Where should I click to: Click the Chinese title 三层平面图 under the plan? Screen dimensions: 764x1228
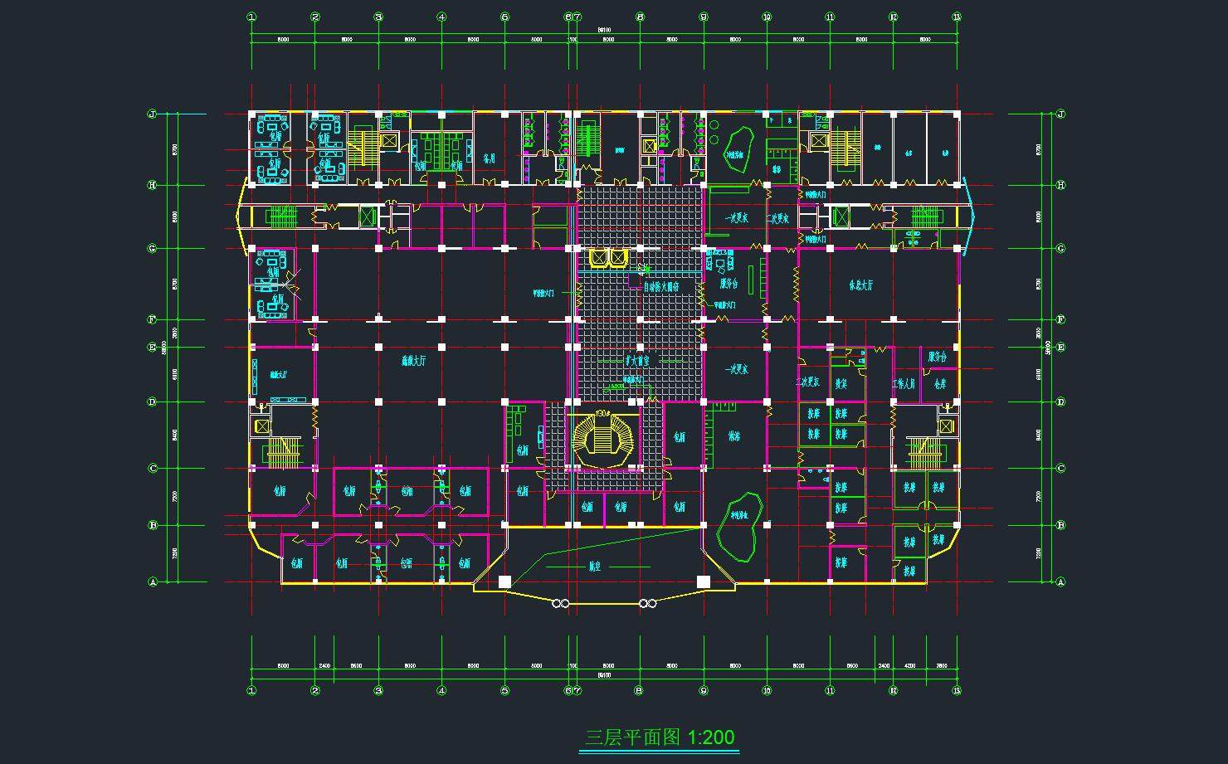click(x=632, y=737)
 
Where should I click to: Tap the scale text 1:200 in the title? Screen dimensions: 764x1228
click(x=711, y=737)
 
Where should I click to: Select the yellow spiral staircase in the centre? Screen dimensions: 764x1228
click(x=603, y=435)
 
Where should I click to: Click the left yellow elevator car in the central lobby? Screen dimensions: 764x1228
click(x=597, y=258)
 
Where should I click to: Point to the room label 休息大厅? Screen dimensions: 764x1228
click(x=860, y=285)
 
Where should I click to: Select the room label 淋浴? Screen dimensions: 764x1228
click(x=733, y=436)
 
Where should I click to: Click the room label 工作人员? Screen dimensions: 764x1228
click(x=904, y=383)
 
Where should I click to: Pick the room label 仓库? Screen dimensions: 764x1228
click(x=939, y=383)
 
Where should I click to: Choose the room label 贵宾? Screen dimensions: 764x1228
click(x=841, y=383)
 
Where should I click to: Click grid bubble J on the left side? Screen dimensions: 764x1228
click(x=153, y=114)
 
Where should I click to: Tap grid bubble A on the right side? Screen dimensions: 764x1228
click(x=1060, y=582)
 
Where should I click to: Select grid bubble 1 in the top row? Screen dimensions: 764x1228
click(x=251, y=17)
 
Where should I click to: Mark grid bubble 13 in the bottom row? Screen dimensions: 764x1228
click(x=957, y=690)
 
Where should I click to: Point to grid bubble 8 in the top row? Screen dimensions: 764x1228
click(x=640, y=17)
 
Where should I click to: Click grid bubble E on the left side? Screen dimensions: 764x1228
click(x=153, y=347)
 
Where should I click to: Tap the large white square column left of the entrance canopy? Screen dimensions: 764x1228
click(x=504, y=582)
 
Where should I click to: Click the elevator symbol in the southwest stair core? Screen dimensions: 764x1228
click(x=261, y=426)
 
